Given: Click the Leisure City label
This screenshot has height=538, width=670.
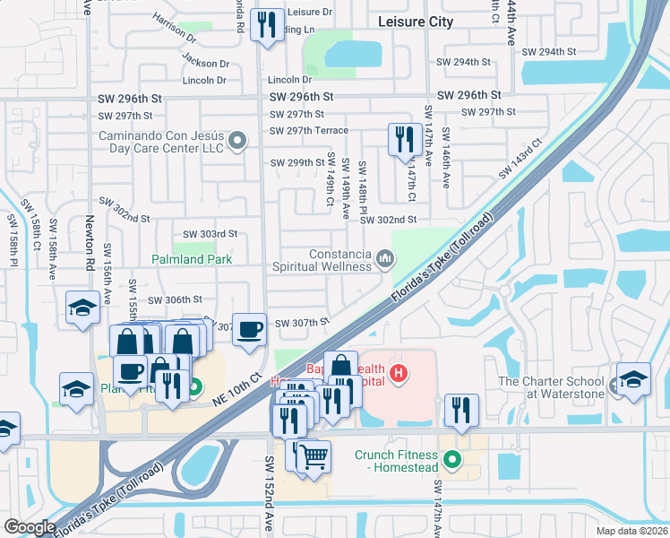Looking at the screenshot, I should [x=416, y=22].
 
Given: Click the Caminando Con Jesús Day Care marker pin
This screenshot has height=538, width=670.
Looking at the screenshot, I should [x=237, y=140].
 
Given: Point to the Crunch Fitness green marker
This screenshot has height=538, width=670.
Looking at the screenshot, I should [x=452, y=462].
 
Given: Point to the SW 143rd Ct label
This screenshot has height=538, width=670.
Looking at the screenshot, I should [x=524, y=158].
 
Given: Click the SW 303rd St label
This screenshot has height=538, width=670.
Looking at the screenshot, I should [x=207, y=234].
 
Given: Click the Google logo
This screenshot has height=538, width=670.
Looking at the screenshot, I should [x=30, y=527].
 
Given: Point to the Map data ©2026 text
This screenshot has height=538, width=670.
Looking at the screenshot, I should [x=631, y=531].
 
